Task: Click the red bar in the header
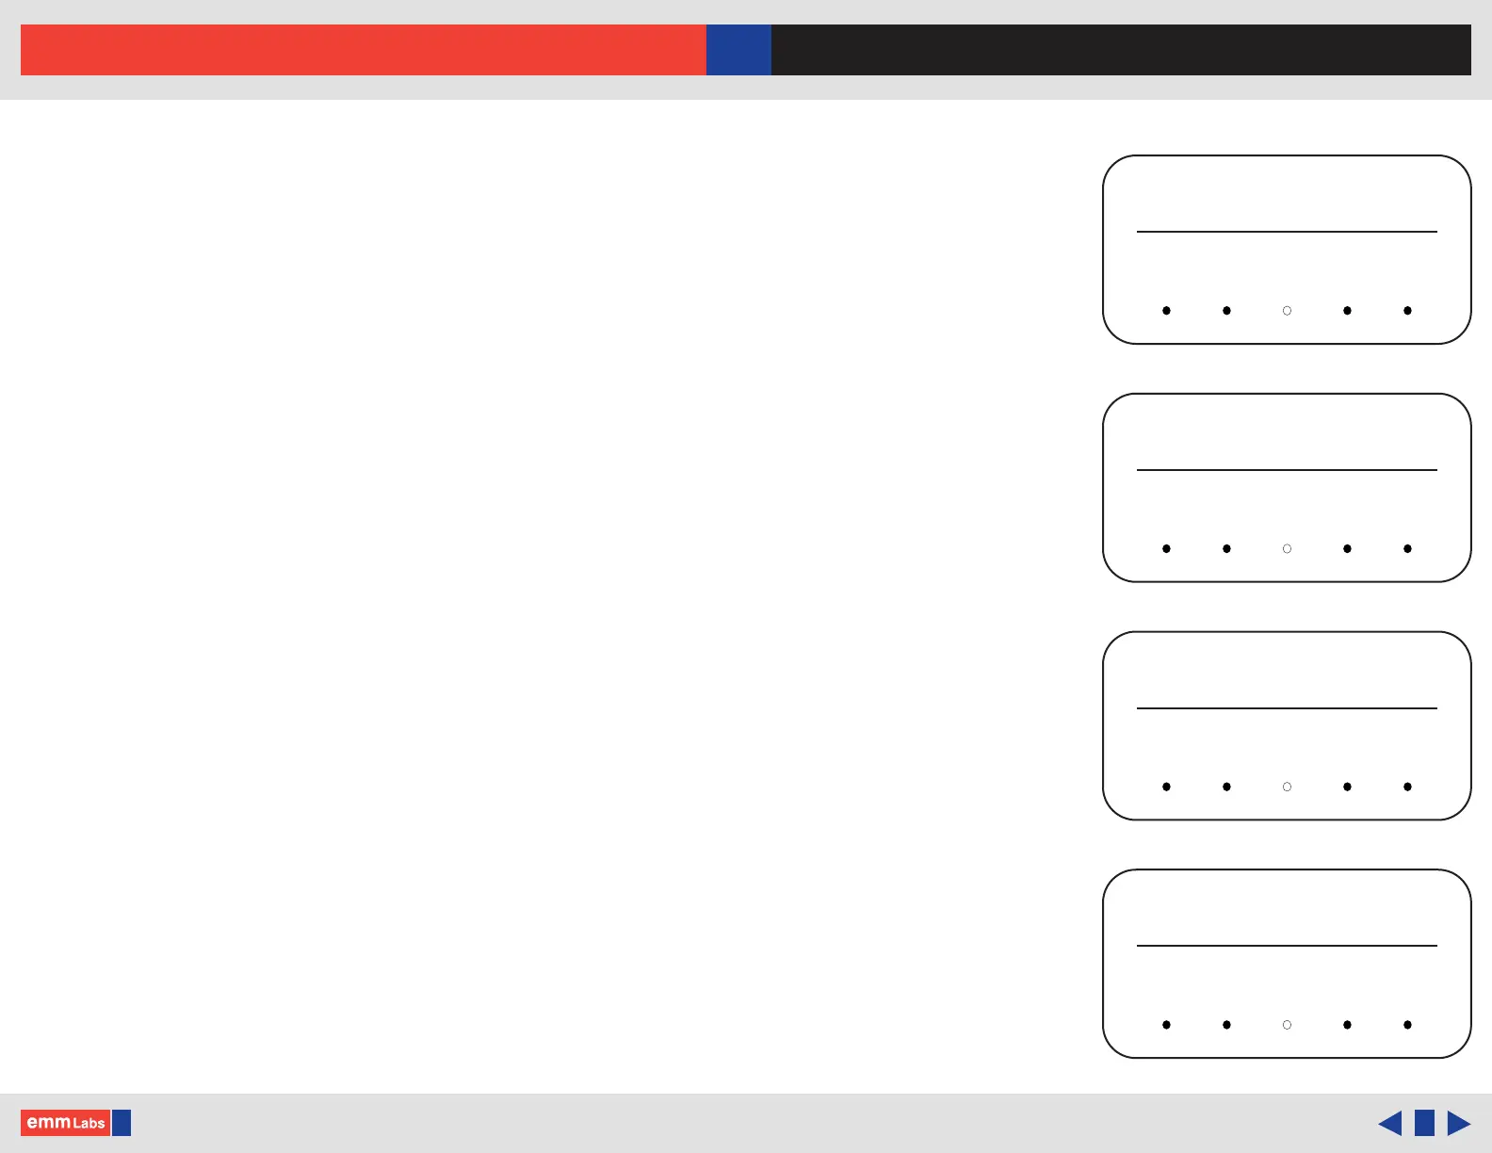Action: coord(363,50)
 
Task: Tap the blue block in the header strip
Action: coord(738,50)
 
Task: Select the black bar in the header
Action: coord(1121,50)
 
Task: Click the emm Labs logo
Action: coord(65,1123)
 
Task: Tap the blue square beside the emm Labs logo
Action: coord(122,1123)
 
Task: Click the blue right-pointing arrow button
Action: coord(1458,1123)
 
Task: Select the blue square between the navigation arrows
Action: coord(1424,1123)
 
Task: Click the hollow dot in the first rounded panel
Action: coord(1287,311)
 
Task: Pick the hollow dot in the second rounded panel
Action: coord(1287,549)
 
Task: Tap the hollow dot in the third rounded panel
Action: coord(1287,787)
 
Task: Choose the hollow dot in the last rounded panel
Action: coord(1287,1025)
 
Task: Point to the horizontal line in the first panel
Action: coord(1287,232)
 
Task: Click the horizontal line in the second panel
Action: coord(1287,470)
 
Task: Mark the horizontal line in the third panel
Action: coord(1287,708)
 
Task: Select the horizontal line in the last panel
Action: coord(1287,946)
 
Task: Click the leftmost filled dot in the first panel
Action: coord(1166,311)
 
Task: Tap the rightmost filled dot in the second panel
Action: coord(1407,549)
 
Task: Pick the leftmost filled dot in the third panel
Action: coord(1166,787)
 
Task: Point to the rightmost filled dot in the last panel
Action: coord(1407,1025)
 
